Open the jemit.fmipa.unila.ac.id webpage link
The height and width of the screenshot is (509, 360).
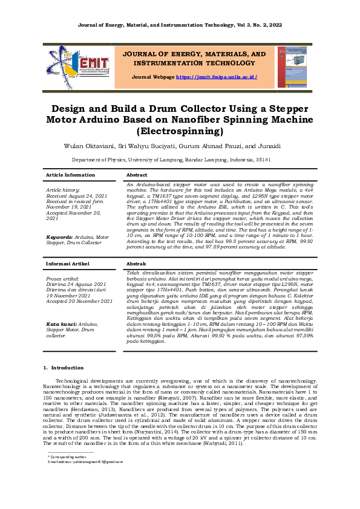[x=217, y=77]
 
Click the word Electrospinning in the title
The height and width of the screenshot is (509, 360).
[x=180, y=131]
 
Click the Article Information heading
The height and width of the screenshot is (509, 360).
[x=70, y=175]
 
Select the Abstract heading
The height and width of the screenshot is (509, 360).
[x=137, y=175]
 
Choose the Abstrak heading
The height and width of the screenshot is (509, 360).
[x=136, y=264]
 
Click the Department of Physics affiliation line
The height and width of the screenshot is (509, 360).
[x=180, y=160]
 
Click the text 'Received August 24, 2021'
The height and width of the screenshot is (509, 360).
[x=76, y=196]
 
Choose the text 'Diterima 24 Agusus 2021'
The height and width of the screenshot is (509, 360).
[x=76, y=284]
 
